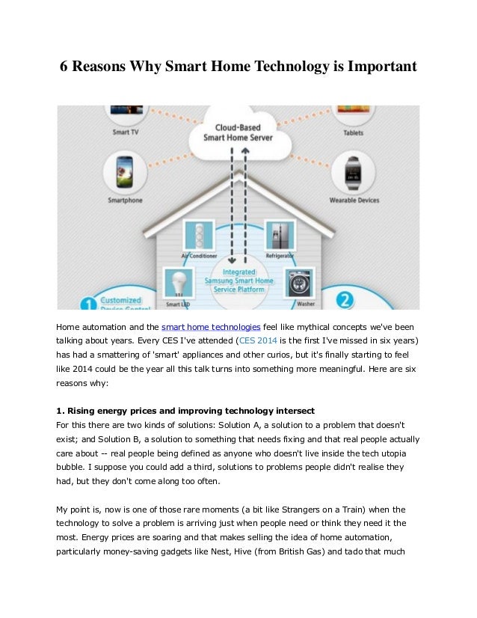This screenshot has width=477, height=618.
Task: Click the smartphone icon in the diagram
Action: point(123,174)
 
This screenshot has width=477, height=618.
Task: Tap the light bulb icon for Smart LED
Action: point(177,284)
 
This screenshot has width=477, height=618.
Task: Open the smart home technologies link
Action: point(211,327)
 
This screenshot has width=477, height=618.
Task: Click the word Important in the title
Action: point(375,67)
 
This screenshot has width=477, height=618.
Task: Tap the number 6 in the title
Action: point(64,67)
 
